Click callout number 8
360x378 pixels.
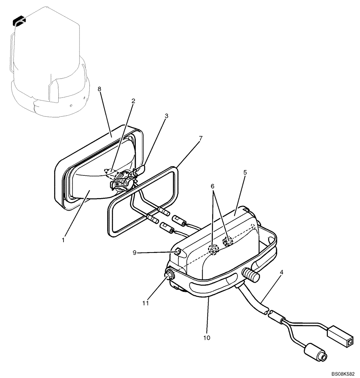(99, 89)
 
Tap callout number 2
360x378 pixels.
(133, 101)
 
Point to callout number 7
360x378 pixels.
(200, 138)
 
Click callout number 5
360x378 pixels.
(245, 172)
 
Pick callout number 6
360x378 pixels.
(213, 186)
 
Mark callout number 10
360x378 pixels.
(207, 337)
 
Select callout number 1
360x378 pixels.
(64, 239)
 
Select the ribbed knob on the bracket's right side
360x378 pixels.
(251, 276)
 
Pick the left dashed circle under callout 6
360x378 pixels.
(214, 249)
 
